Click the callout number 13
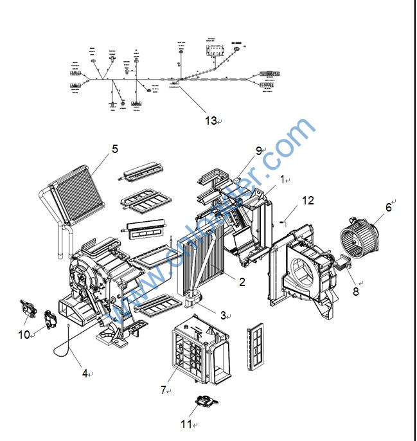point(211,120)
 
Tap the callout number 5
point(115,148)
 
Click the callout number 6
point(388,207)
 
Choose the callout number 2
point(242,281)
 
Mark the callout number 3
point(223,315)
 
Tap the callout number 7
point(164,390)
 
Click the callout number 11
point(186,424)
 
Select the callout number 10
point(24,334)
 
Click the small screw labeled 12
point(283,222)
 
